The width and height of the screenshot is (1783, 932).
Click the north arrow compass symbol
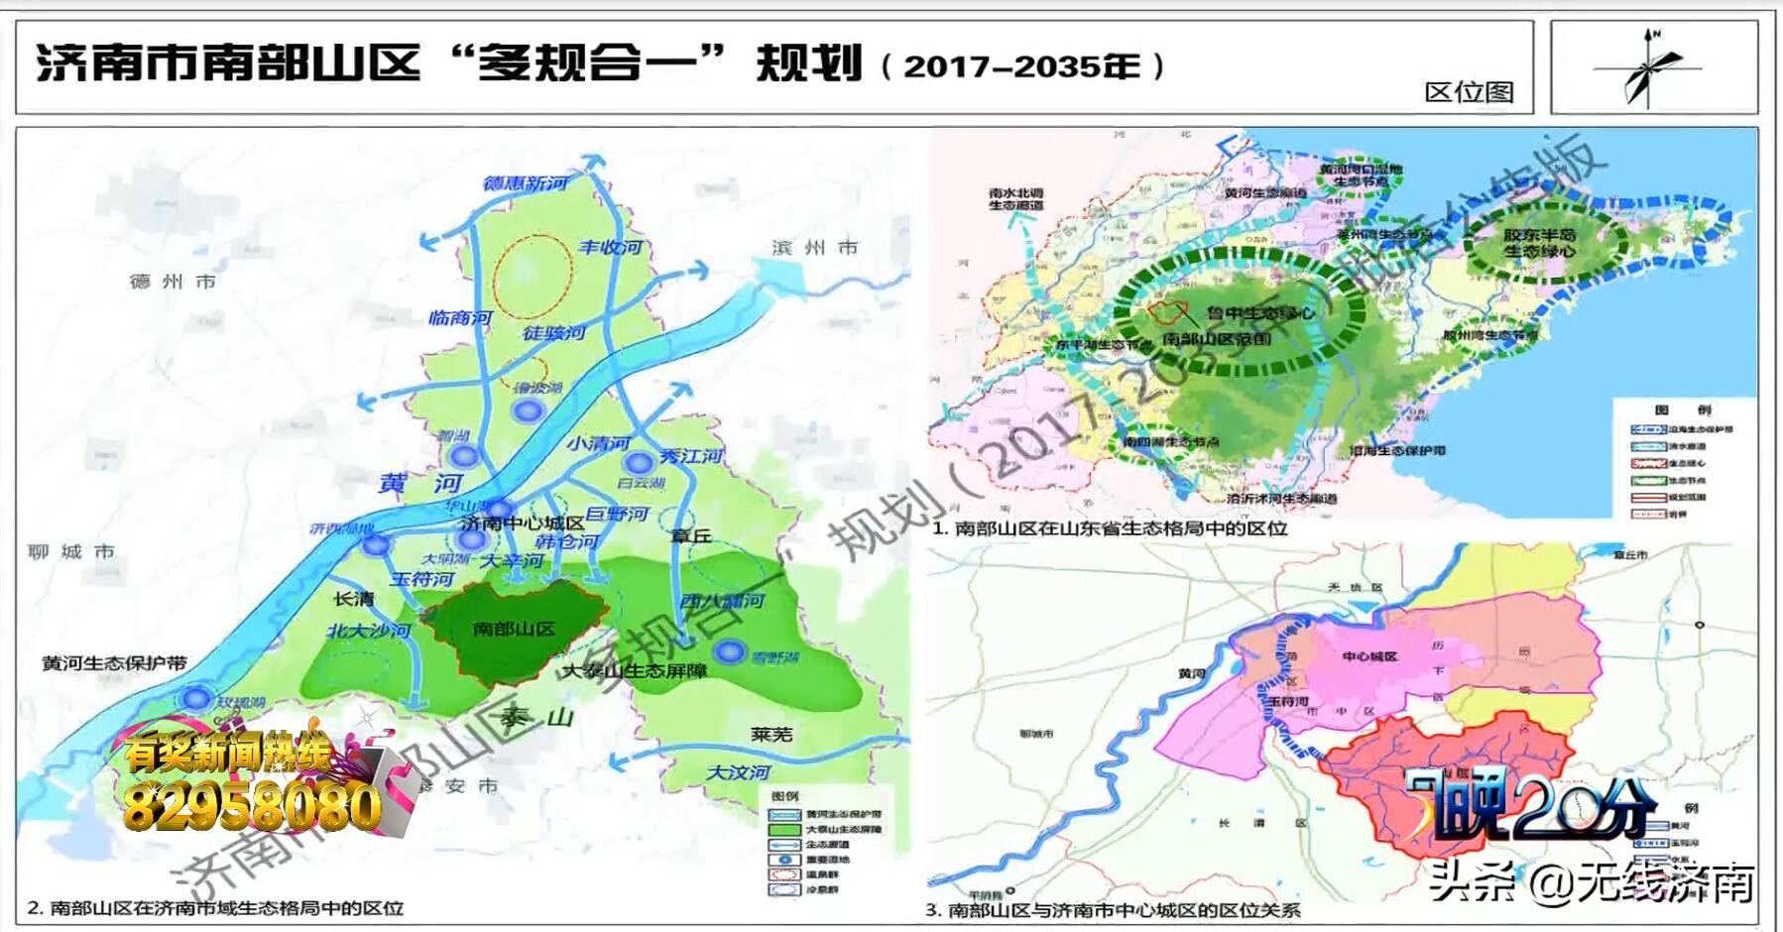coord(1649,68)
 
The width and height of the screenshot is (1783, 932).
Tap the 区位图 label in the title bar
coord(1469,92)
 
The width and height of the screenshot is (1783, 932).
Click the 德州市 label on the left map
coord(173,282)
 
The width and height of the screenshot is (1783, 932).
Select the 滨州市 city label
coord(814,248)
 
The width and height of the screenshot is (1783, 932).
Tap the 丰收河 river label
coord(611,247)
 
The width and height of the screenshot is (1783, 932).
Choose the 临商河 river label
coord(460,318)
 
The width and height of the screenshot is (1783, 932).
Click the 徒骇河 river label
coord(553,333)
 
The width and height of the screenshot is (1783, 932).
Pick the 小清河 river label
coord(598,443)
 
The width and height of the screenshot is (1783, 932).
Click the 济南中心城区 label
coord(523,523)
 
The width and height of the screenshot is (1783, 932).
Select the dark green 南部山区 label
coord(514,629)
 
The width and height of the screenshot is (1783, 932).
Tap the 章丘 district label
coord(691,535)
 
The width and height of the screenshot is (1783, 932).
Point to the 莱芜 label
coord(771,734)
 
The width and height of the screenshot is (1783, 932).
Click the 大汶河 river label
coord(738,771)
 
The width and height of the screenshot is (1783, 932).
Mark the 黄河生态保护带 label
coord(114,662)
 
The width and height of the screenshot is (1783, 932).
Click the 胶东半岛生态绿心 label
coord(1539,243)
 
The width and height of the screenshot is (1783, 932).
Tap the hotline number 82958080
coord(252,808)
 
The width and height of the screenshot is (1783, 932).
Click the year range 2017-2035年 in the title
coord(1022,66)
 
